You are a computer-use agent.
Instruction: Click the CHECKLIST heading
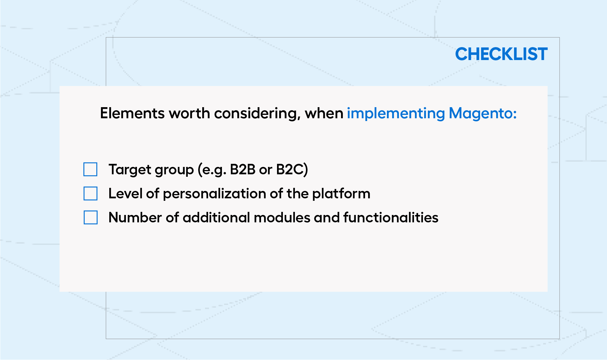click(x=501, y=54)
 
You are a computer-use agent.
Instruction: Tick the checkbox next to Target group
click(x=90, y=169)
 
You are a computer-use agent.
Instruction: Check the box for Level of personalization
click(x=90, y=193)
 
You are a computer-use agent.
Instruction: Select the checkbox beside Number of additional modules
click(x=90, y=217)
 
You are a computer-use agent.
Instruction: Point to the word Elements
click(x=132, y=113)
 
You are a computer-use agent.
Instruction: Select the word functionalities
click(x=391, y=217)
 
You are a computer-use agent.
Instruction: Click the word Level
click(x=126, y=193)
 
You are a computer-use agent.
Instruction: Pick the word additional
click(x=216, y=217)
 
